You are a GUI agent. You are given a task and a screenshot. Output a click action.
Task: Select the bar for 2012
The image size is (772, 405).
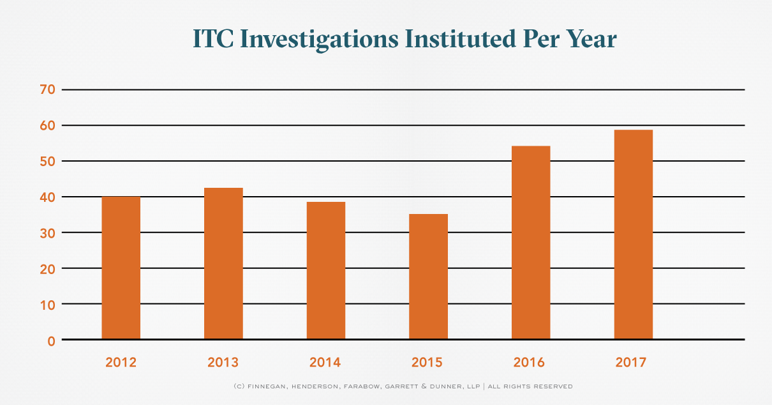click(121, 268)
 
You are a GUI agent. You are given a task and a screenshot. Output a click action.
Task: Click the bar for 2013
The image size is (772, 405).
click(223, 263)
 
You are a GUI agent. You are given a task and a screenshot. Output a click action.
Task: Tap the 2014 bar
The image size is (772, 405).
click(326, 270)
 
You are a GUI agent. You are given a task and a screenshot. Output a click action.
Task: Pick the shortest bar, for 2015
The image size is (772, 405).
click(428, 276)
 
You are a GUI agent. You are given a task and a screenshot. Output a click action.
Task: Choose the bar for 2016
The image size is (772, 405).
click(531, 242)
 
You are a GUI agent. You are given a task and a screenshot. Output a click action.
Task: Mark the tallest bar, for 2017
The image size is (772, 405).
click(633, 234)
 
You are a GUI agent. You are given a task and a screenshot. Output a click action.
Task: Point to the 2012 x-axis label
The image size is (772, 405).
click(121, 363)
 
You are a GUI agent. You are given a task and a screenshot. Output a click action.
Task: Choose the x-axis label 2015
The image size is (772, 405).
click(427, 363)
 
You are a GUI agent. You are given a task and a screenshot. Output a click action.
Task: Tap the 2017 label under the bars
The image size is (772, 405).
click(631, 363)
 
